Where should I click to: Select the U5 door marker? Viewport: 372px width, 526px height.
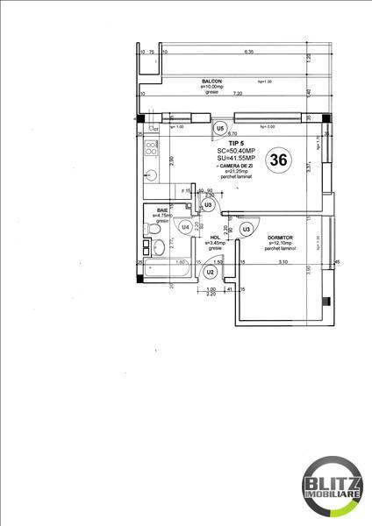219,127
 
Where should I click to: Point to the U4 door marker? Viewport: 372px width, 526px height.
184,227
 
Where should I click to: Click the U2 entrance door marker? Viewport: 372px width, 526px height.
210,273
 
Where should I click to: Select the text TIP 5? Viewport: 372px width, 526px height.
235,142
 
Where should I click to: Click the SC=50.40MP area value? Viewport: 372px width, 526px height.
235,150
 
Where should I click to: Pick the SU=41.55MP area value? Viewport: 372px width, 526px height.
235,158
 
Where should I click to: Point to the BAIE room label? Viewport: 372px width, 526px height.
162,210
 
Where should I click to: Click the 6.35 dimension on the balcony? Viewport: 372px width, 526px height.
248,53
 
